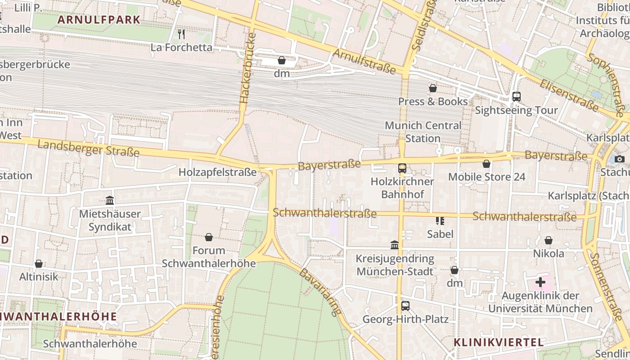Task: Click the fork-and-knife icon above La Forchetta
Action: (x=181, y=34)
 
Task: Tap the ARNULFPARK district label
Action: (x=99, y=20)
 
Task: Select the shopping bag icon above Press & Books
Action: (x=433, y=88)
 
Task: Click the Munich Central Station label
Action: (x=423, y=132)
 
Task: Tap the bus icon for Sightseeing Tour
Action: (x=517, y=97)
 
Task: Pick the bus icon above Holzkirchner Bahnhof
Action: (x=402, y=168)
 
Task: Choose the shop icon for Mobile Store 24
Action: (x=486, y=164)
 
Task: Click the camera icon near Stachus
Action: (x=620, y=159)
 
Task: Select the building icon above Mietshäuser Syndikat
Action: (x=110, y=200)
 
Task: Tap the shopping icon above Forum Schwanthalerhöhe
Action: (x=209, y=237)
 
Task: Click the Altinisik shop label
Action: (x=39, y=276)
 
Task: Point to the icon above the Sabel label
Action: (x=440, y=220)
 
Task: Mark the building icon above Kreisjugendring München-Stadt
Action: (x=395, y=245)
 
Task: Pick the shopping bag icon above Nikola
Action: (x=549, y=240)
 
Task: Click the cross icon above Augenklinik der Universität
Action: (x=540, y=283)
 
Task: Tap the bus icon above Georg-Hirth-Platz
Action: (x=405, y=306)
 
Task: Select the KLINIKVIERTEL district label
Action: (x=499, y=342)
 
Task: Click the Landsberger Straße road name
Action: (x=88, y=148)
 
